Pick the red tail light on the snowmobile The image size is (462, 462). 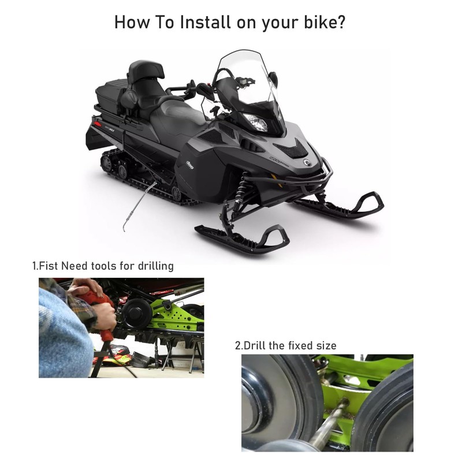[x=98, y=124]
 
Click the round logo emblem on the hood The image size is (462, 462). [x=307, y=162]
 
